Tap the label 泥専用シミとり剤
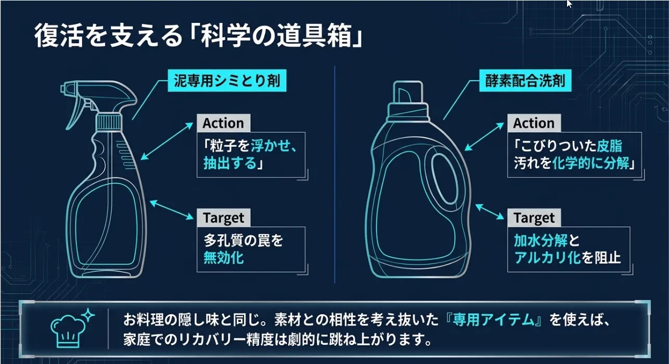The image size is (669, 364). pyautogui.click(x=227, y=81)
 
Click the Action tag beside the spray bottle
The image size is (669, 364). pyautogui.click(x=223, y=123)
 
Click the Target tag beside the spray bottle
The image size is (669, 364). pyautogui.click(x=223, y=218)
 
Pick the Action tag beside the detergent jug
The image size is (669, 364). pyautogui.click(x=534, y=123)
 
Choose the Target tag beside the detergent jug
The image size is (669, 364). pyautogui.click(x=534, y=218)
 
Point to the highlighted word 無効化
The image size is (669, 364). pyautogui.click(x=223, y=257)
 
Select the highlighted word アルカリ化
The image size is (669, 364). pyautogui.click(x=547, y=257)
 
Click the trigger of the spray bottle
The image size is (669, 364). pyautogui.click(x=76, y=109)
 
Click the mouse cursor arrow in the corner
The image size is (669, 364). pyautogui.click(x=569, y=3)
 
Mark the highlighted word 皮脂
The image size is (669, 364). pyautogui.click(x=609, y=146)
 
